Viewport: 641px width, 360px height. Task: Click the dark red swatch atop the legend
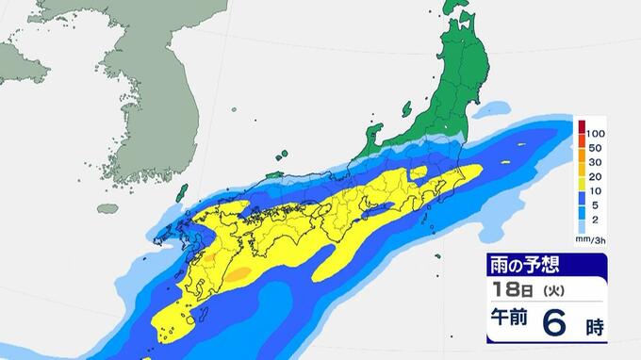pos(583,126)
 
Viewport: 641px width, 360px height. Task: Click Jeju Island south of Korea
pos(108,208)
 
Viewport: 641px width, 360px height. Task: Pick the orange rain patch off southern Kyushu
pos(239,274)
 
